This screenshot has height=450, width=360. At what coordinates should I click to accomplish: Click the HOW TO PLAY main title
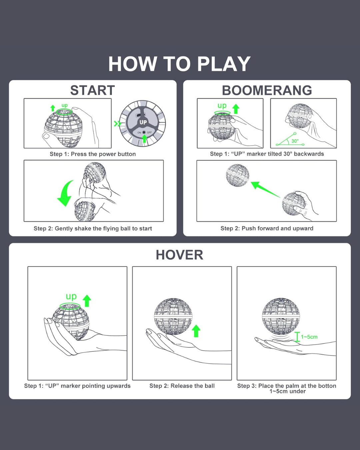click(x=179, y=64)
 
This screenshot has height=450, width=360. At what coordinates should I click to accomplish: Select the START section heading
click(x=92, y=90)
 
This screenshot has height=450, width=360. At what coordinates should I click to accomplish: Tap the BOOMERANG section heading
click(x=267, y=90)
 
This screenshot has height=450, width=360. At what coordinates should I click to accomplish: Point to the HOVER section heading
click(x=179, y=255)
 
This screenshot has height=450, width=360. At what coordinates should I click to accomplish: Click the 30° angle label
click(x=295, y=141)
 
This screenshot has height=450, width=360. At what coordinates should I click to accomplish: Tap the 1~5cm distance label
click(x=309, y=337)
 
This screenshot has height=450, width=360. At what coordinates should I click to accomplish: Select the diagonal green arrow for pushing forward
click(x=265, y=189)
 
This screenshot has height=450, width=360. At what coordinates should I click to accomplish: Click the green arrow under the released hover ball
click(x=196, y=331)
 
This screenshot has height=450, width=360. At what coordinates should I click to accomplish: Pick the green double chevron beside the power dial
click(x=117, y=124)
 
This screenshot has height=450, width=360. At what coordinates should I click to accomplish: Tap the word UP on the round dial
click(x=143, y=122)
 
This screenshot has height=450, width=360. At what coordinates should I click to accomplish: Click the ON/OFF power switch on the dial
click(x=144, y=132)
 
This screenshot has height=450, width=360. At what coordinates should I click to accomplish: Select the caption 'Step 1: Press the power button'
click(x=93, y=154)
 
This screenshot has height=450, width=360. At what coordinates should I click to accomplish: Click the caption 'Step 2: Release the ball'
click(x=182, y=386)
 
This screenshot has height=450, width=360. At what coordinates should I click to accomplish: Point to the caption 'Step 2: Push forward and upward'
click(x=267, y=228)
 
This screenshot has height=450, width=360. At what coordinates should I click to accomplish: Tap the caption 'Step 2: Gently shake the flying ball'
click(x=93, y=228)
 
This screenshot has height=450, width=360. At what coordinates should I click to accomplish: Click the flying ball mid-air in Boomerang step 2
click(x=237, y=175)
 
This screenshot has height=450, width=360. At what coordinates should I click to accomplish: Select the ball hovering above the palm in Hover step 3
click(x=281, y=316)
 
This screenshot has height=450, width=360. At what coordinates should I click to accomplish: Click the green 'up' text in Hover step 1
click(x=71, y=296)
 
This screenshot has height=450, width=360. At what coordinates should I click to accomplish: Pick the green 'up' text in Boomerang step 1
click(x=222, y=106)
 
